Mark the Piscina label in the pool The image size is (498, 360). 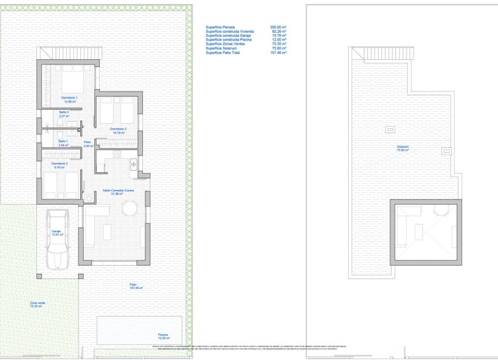(163, 336)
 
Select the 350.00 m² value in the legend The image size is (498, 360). (278, 27)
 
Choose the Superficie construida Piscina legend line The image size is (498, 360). (228, 40)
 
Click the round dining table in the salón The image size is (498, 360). (130, 208)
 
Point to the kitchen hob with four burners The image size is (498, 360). (116, 155)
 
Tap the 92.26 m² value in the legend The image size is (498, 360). (278, 31)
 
